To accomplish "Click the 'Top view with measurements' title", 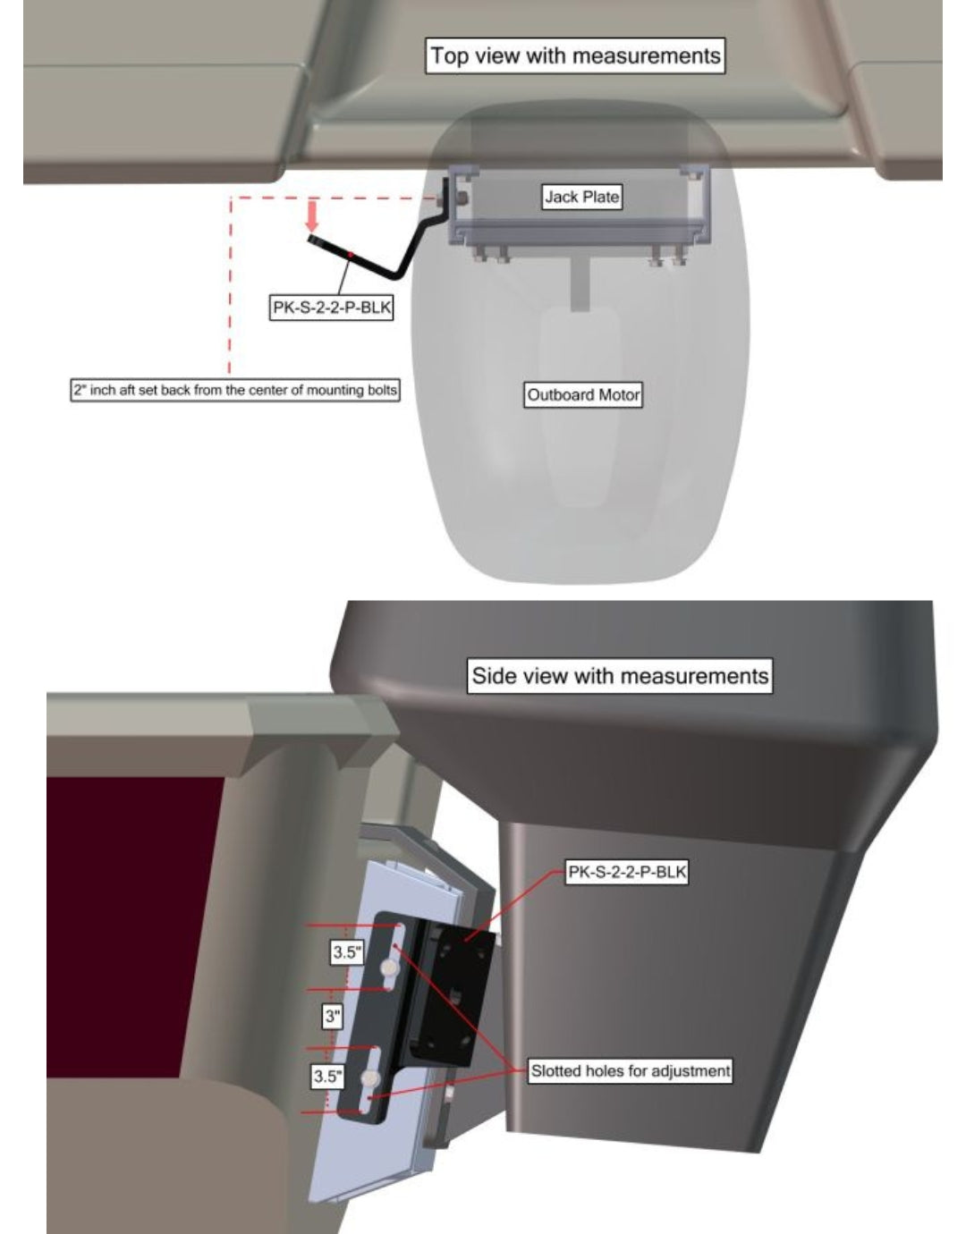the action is pyautogui.click(x=575, y=55).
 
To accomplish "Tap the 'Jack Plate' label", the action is pyautogui.click(x=581, y=197).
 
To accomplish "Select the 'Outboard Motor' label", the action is pyautogui.click(x=583, y=394).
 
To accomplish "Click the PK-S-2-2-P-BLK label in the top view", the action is pyautogui.click(x=332, y=308).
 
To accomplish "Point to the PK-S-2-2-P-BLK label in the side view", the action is pyautogui.click(x=627, y=872).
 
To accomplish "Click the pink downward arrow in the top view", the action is pyautogui.click(x=312, y=218).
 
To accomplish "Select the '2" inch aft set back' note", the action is pyautogui.click(x=235, y=390).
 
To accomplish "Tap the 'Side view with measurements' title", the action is pyautogui.click(x=620, y=676).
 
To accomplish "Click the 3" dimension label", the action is pyautogui.click(x=333, y=1016).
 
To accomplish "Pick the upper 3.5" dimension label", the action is pyautogui.click(x=347, y=951).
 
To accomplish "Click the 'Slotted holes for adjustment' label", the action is pyautogui.click(x=630, y=1071).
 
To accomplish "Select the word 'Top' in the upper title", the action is pyautogui.click(x=449, y=56).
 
